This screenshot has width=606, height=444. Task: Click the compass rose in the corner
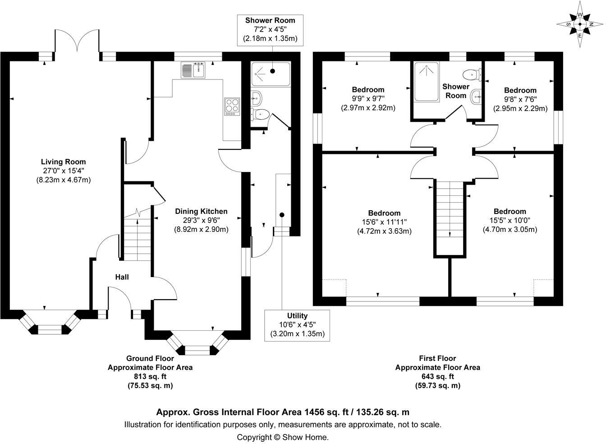(580, 24)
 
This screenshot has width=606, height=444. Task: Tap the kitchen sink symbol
(193, 70)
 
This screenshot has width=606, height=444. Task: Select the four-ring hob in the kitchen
(232, 106)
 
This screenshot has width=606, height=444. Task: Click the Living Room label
(63, 162)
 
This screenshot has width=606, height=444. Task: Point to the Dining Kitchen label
(201, 211)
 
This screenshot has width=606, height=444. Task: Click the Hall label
(122, 277)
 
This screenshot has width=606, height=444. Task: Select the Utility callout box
(297, 325)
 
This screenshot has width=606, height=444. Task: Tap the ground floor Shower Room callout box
(270, 29)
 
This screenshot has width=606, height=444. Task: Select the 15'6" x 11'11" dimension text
(384, 222)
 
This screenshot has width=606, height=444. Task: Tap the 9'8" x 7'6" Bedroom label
(520, 90)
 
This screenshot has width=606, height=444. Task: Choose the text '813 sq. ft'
(150, 376)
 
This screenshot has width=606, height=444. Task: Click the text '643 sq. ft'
(437, 376)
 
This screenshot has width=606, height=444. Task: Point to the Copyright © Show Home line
(283, 437)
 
